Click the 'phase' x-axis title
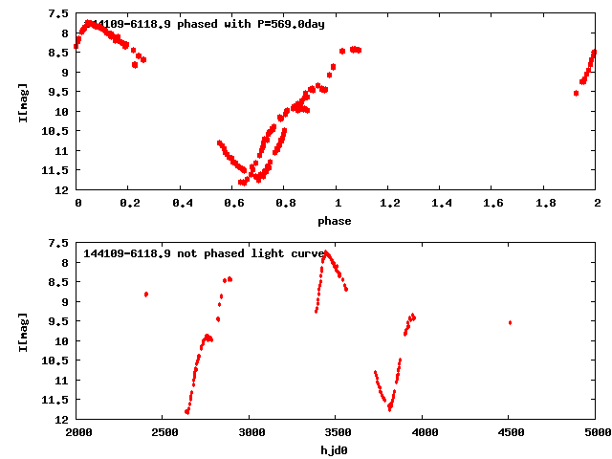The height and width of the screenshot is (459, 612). click(x=335, y=222)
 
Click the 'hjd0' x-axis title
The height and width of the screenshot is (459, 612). click(x=336, y=451)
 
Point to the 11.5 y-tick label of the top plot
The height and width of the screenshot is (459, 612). click(x=55, y=170)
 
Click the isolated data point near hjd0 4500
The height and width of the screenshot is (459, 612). click(x=510, y=322)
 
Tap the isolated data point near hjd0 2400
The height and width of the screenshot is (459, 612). click(x=145, y=295)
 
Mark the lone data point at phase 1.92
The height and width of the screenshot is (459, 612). click(x=576, y=93)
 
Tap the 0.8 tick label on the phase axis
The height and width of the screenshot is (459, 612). click(x=284, y=205)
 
